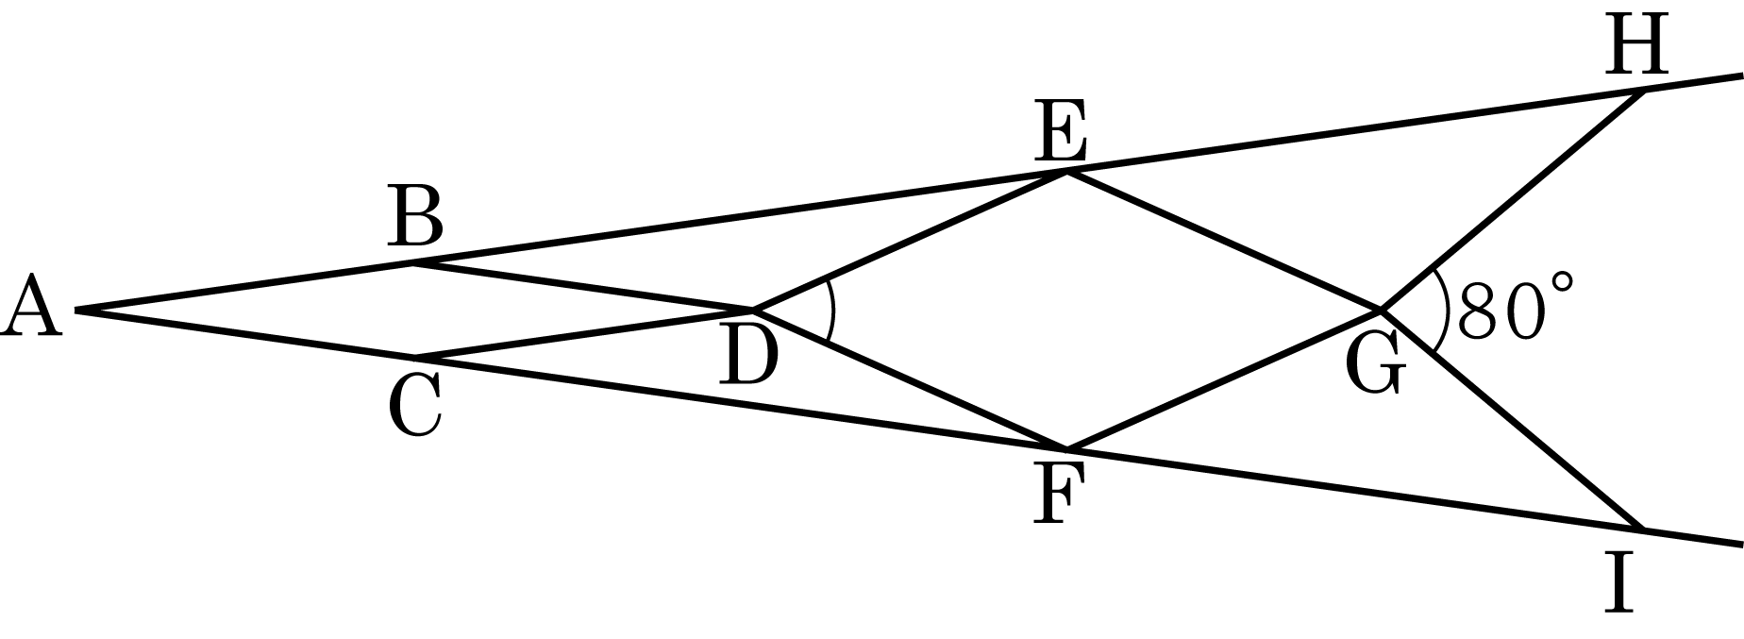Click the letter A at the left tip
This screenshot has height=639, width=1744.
32,306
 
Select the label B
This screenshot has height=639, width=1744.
415,217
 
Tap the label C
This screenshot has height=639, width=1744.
415,407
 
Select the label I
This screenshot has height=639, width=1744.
1619,583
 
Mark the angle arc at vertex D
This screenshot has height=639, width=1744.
832,310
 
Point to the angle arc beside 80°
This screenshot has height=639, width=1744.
1443,310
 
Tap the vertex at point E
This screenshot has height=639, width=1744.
1067,171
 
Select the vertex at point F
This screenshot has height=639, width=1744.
1066,447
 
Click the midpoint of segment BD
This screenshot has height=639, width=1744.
583,286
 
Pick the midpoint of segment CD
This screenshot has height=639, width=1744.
584,333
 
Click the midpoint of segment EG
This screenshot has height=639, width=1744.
1225,240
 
